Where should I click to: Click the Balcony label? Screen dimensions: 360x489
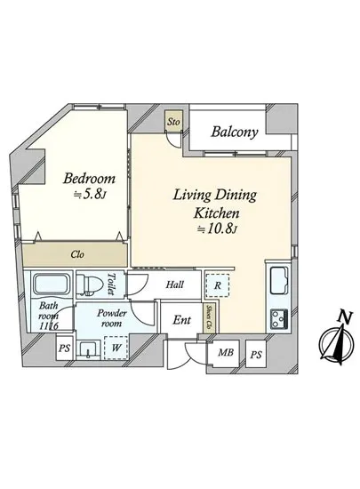[x=235, y=132]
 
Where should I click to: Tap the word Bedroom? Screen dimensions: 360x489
[x=89, y=179]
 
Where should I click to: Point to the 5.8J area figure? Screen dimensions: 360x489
[x=90, y=195]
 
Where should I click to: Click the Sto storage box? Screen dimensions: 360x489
[x=173, y=121]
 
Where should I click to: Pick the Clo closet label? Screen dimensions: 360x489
[x=77, y=254]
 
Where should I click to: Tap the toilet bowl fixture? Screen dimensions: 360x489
[x=90, y=285]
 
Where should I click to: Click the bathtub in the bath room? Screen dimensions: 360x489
[x=52, y=285]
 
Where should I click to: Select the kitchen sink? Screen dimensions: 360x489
[x=279, y=280]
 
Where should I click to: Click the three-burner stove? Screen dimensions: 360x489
[x=279, y=318]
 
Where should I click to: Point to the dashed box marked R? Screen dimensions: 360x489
[x=218, y=285]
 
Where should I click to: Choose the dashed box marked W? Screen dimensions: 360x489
[x=116, y=348]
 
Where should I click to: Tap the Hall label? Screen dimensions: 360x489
[x=174, y=285]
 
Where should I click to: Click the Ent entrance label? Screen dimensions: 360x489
[x=182, y=320]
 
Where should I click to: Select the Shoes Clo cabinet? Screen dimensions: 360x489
[x=211, y=317]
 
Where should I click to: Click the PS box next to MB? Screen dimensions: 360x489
[x=256, y=354]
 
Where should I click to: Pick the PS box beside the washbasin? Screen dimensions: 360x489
[x=65, y=348]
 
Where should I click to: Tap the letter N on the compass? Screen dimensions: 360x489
[x=345, y=317]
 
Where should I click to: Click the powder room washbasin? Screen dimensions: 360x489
[x=89, y=349]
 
